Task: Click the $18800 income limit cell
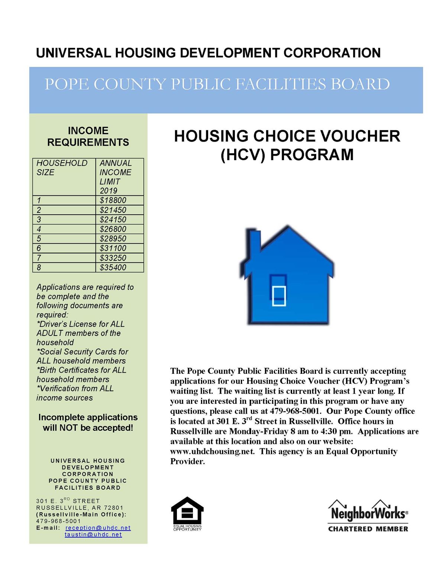(113, 200)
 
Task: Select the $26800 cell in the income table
(113, 229)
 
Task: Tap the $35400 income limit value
(113, 268)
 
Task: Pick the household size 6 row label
(39, 248)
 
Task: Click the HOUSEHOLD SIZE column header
(62, 168)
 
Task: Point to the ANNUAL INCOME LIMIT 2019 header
(115, 177)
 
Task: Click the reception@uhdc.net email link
(98, 528)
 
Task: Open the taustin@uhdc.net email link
(93, 535)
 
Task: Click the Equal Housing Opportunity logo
(187, 514)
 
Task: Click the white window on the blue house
(279, 296)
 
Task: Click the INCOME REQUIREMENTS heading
(88, 136)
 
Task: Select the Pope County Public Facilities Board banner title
(217, 84)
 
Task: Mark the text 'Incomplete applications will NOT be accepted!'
(88, 422)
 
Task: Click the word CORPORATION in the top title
(332, 53)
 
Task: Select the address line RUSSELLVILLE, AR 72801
(80, 508)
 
